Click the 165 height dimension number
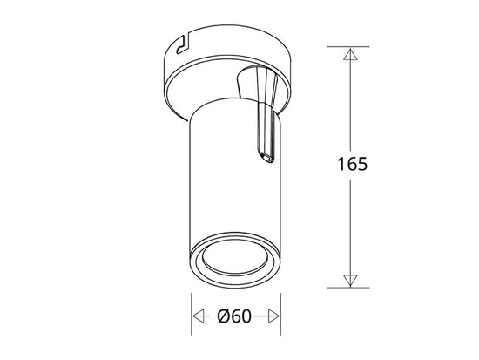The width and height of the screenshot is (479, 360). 352,164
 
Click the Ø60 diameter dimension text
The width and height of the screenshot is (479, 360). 234,316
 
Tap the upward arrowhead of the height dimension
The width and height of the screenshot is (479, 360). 350,54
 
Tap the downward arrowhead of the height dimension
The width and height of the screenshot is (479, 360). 350,281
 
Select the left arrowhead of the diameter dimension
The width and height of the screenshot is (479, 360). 199,316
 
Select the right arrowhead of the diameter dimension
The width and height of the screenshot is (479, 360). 274,316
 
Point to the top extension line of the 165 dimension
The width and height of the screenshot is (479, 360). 348,46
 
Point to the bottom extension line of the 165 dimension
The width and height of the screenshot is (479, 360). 348,288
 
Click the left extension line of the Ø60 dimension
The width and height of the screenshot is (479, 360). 192,314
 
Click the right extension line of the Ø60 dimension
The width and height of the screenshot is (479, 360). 280,314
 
